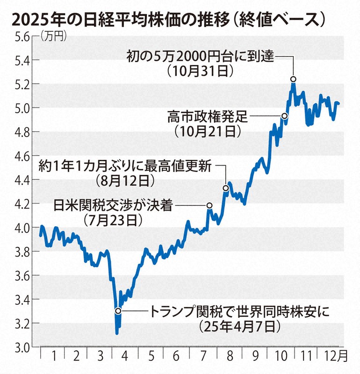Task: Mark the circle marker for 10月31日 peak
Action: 293,79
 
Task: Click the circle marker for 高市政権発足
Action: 284,115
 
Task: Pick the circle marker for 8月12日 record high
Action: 226,188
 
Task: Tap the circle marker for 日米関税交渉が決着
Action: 209,205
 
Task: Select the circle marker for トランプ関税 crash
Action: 118,310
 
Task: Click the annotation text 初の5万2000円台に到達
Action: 202,57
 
